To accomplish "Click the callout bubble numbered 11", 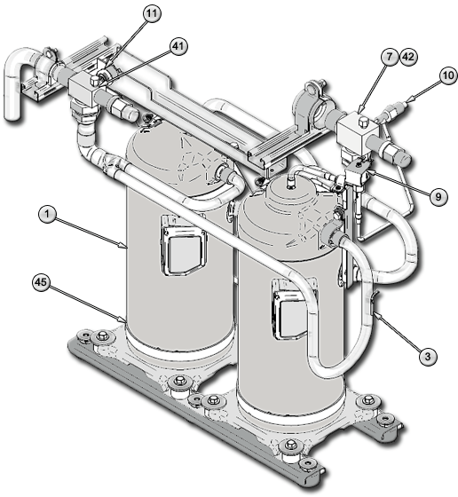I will [154, 14].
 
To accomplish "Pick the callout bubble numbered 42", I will [409, 57].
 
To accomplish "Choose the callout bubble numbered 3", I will [428, 355].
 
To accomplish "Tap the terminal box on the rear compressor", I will [178, 241].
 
